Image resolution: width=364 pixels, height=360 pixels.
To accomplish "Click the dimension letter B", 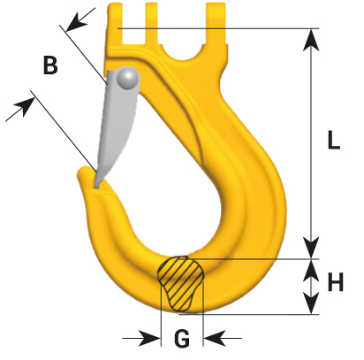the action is coord(50,65).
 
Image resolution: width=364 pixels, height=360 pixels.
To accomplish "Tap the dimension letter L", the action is coord(334,140).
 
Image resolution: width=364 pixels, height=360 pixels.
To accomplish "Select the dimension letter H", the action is coord(336,282).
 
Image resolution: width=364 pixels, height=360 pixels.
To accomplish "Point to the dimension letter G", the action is coord(182,338).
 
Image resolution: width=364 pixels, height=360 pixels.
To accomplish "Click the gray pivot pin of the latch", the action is coord(127,78).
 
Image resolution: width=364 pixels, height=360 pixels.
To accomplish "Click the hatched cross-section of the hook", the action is coord(180,283).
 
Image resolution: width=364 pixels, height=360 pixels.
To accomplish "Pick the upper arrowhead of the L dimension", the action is coord(311,40).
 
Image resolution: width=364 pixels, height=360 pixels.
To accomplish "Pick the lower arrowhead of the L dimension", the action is coord(311,248).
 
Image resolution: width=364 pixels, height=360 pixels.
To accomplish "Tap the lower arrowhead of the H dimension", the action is coord(311,303).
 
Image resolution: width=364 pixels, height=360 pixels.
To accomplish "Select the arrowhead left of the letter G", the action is coord(149,338).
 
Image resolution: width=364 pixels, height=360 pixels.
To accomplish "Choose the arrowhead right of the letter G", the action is coord(215,338).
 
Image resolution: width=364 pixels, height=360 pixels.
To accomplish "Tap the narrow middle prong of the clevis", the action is coord(152,24).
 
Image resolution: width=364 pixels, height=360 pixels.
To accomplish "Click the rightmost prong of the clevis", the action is coord(216,24).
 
